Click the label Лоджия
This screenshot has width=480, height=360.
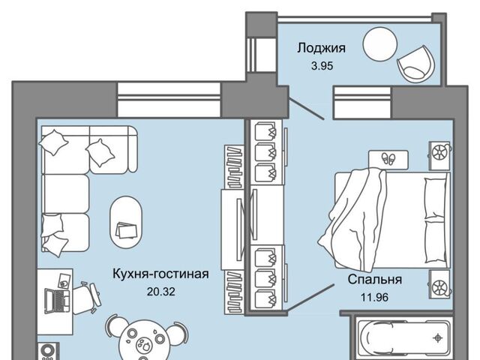click(321, 48)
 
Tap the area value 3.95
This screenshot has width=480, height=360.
click(321, 65)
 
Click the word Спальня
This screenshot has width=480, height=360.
click(374, 280)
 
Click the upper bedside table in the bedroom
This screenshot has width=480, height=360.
click(439, 152)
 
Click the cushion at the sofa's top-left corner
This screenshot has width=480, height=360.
click(53, 139)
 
